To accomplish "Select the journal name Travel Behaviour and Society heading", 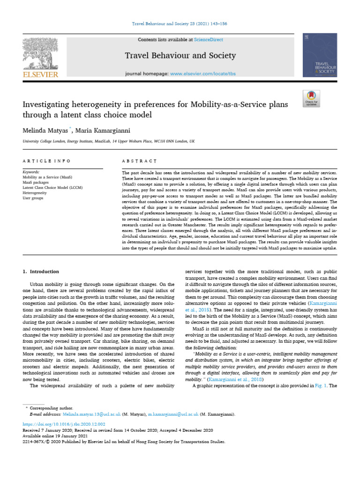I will (180, 56).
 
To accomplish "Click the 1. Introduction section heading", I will (41, 272).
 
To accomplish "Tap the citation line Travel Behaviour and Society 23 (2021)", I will (180, 23).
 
